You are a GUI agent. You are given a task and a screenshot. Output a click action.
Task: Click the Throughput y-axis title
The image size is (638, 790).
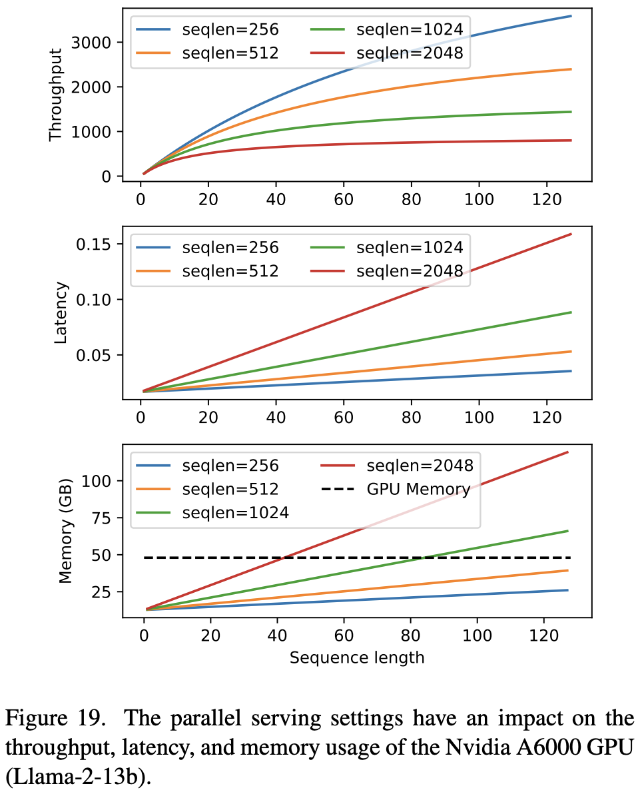click(x=55, y=95)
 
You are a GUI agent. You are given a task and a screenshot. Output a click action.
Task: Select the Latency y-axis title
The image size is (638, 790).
click(x=61, y=313)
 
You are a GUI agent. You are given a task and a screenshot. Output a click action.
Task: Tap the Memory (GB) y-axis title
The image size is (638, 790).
click(x=65, y=530)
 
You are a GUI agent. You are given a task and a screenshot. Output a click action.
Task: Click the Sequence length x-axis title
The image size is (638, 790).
click(x=357, y=657)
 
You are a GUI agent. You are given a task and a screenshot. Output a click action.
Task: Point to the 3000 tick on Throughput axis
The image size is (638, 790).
click(x=91, y=43)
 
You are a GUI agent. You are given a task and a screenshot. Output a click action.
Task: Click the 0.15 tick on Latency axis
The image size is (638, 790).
click(x=93, y=244)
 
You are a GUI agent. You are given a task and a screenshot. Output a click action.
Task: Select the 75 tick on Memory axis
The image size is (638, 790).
click(x=101, y=518)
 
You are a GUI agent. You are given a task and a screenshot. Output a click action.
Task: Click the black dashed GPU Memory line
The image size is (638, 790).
click(x=357, y=558)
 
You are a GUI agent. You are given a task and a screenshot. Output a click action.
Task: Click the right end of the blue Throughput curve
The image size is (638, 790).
click(x=571, y=16)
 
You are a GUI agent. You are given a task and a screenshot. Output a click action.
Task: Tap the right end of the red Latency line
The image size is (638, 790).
click(x=571, y=234)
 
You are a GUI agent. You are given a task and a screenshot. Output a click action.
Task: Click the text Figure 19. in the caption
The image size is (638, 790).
click(x=55, y=718)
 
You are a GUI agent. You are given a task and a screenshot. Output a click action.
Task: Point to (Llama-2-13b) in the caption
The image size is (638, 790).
click(x=79, y=777)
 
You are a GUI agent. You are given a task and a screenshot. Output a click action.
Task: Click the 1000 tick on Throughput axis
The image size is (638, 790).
click(x=91, y=132)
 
